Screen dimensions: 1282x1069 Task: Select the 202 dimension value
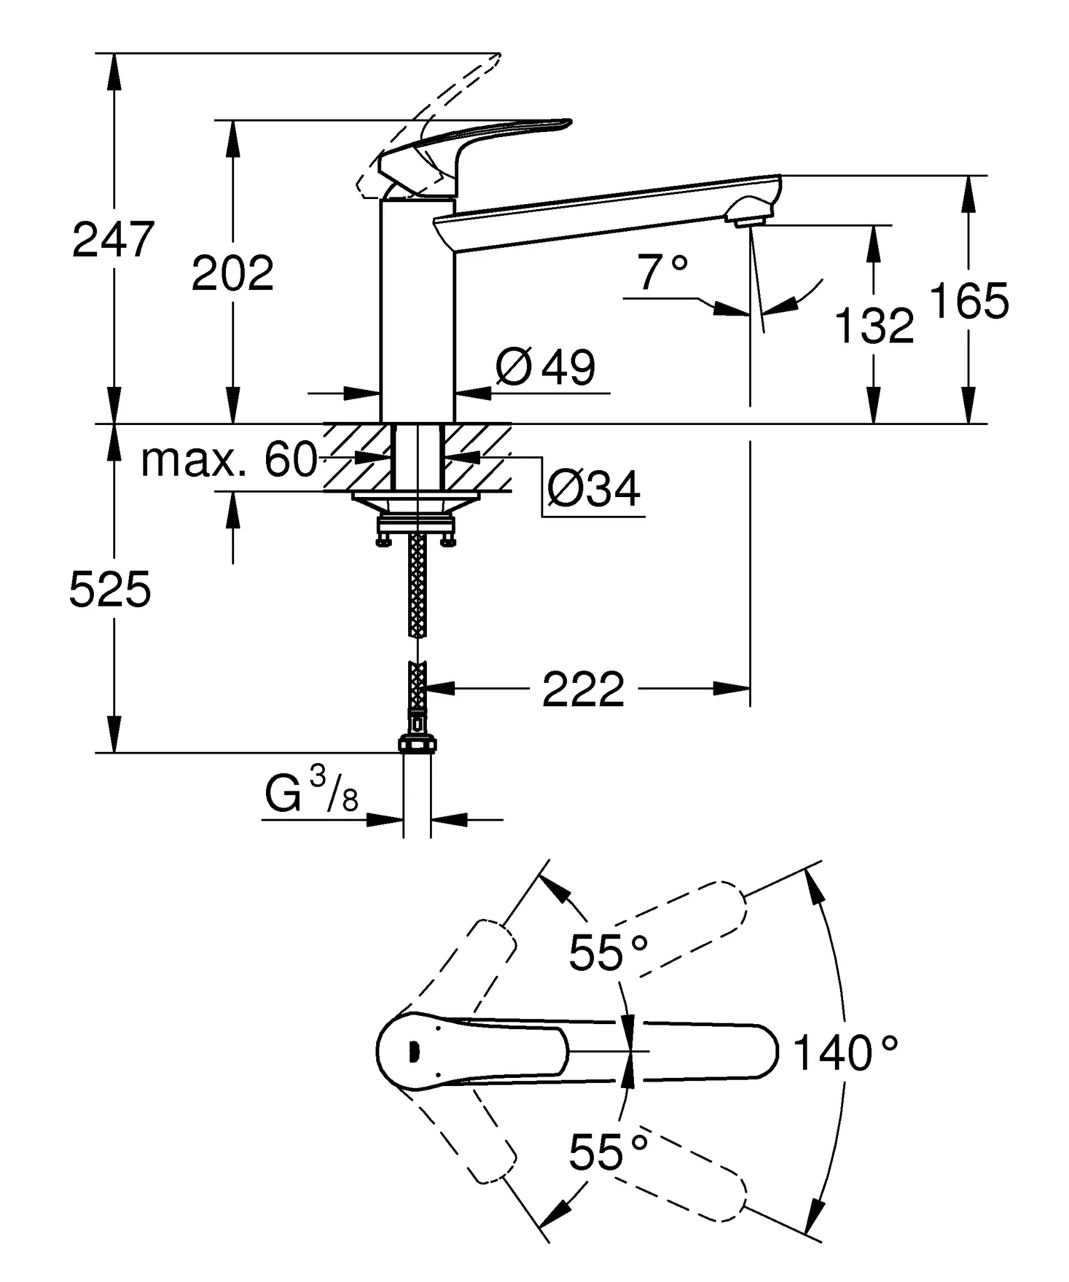(232, 273)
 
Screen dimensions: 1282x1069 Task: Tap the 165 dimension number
(969, 301)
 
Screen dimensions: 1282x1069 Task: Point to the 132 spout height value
(874, 326)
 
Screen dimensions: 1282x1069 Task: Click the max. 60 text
(229, 460)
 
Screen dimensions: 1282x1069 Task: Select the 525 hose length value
(110, 590)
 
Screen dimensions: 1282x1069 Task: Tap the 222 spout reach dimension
(583, 690)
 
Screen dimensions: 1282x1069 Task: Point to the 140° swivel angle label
(845, 1053)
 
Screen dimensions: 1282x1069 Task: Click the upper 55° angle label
(608, 953)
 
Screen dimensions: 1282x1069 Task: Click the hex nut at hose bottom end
(417, 744)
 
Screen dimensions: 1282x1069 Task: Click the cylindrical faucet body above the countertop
(417, 313)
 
